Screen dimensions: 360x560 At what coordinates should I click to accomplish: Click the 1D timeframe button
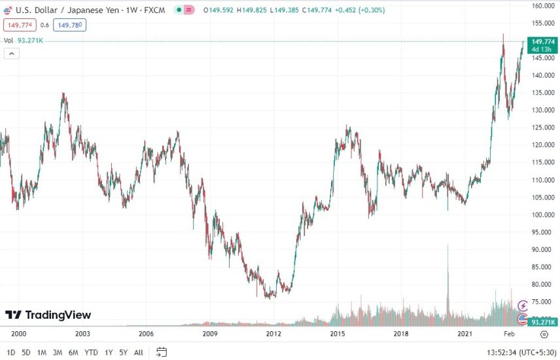[x=11, y=353]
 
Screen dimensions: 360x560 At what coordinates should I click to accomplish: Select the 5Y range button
[x=124, y=353]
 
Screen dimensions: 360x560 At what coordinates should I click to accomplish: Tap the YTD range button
[x=92, y=353]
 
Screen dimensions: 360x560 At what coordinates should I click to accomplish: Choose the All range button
[x=138, y=353]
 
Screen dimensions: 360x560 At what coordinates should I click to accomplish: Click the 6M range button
[x=73, y=353]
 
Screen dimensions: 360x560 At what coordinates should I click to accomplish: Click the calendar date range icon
[x=162, y=352]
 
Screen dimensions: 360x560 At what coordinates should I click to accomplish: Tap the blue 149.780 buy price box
[x=71, y=25]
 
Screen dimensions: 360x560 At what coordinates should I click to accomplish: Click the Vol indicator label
[x=9, y=41]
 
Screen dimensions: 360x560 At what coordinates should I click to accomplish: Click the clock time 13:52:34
[x=492, y=353]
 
